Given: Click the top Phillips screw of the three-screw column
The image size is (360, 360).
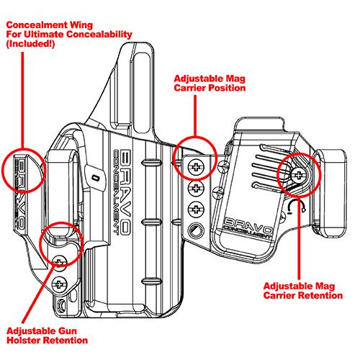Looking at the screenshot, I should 194,167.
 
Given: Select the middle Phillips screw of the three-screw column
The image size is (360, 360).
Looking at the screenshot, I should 194,189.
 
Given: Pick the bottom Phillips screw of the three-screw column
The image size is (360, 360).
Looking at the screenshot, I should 194,210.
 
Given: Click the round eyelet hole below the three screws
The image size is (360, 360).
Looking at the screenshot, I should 194,231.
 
